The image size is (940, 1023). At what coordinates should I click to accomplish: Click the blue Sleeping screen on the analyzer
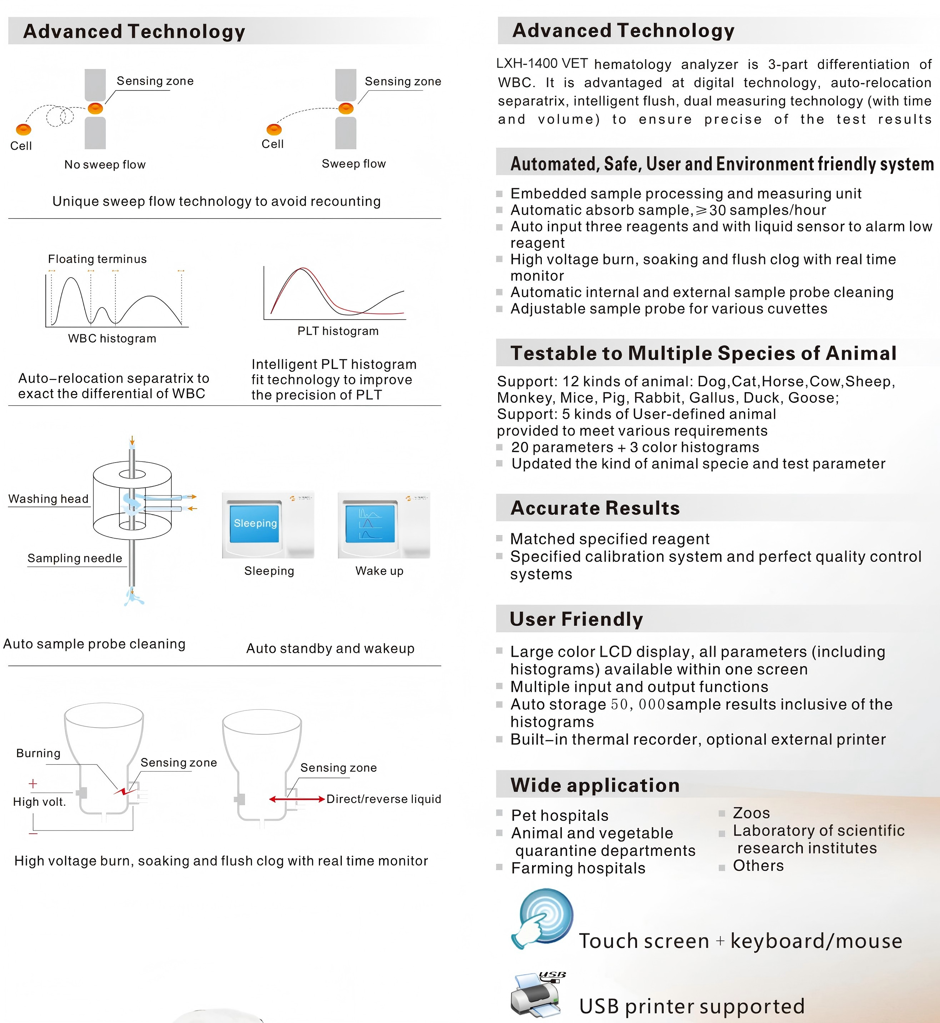click(x=255, y=523)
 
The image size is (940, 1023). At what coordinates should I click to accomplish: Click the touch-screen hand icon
click(x=543, y=919)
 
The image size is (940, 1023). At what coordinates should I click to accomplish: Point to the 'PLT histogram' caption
click(x=338, y=331)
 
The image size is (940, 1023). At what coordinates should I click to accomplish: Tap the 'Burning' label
click(x=38, y=753)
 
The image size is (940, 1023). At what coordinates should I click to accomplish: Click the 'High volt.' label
click(x=39, y=802)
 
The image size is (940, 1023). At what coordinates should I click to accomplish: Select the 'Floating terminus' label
click(x=97, y=259)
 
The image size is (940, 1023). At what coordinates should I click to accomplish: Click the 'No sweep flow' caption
click(x=105, y=165)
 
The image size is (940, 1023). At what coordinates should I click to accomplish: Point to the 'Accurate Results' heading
click(x=595, y=508)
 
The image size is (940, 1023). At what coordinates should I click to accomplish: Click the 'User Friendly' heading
click(x=576, y=619)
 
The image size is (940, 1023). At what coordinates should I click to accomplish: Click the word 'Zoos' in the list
click(x=751, y=813)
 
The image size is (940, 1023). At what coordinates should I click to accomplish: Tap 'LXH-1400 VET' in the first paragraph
click(x=542, y=64)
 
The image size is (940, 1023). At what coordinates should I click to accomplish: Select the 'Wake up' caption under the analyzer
click(x=379, y=571)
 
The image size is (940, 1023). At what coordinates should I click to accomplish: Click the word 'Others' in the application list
click(x=758, y=866)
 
